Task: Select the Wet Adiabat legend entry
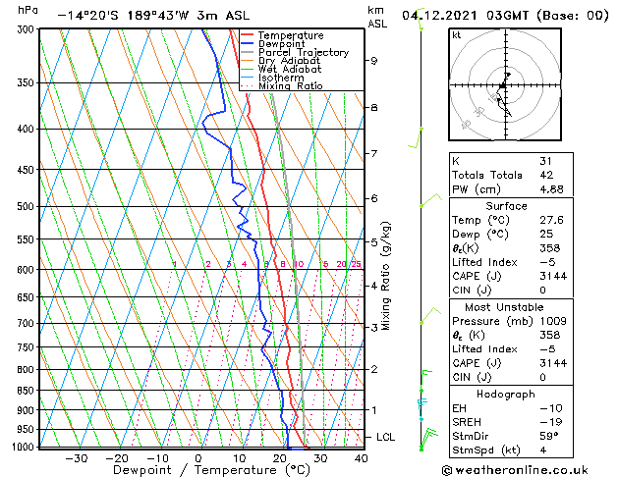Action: [289, 69]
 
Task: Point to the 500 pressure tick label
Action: [25, 207]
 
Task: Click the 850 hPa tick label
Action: [25, 391]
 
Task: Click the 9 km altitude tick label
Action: [374, 61]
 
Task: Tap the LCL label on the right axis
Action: [387, 437]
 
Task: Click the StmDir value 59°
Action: [549, 436]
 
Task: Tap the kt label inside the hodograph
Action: [457, 34]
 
